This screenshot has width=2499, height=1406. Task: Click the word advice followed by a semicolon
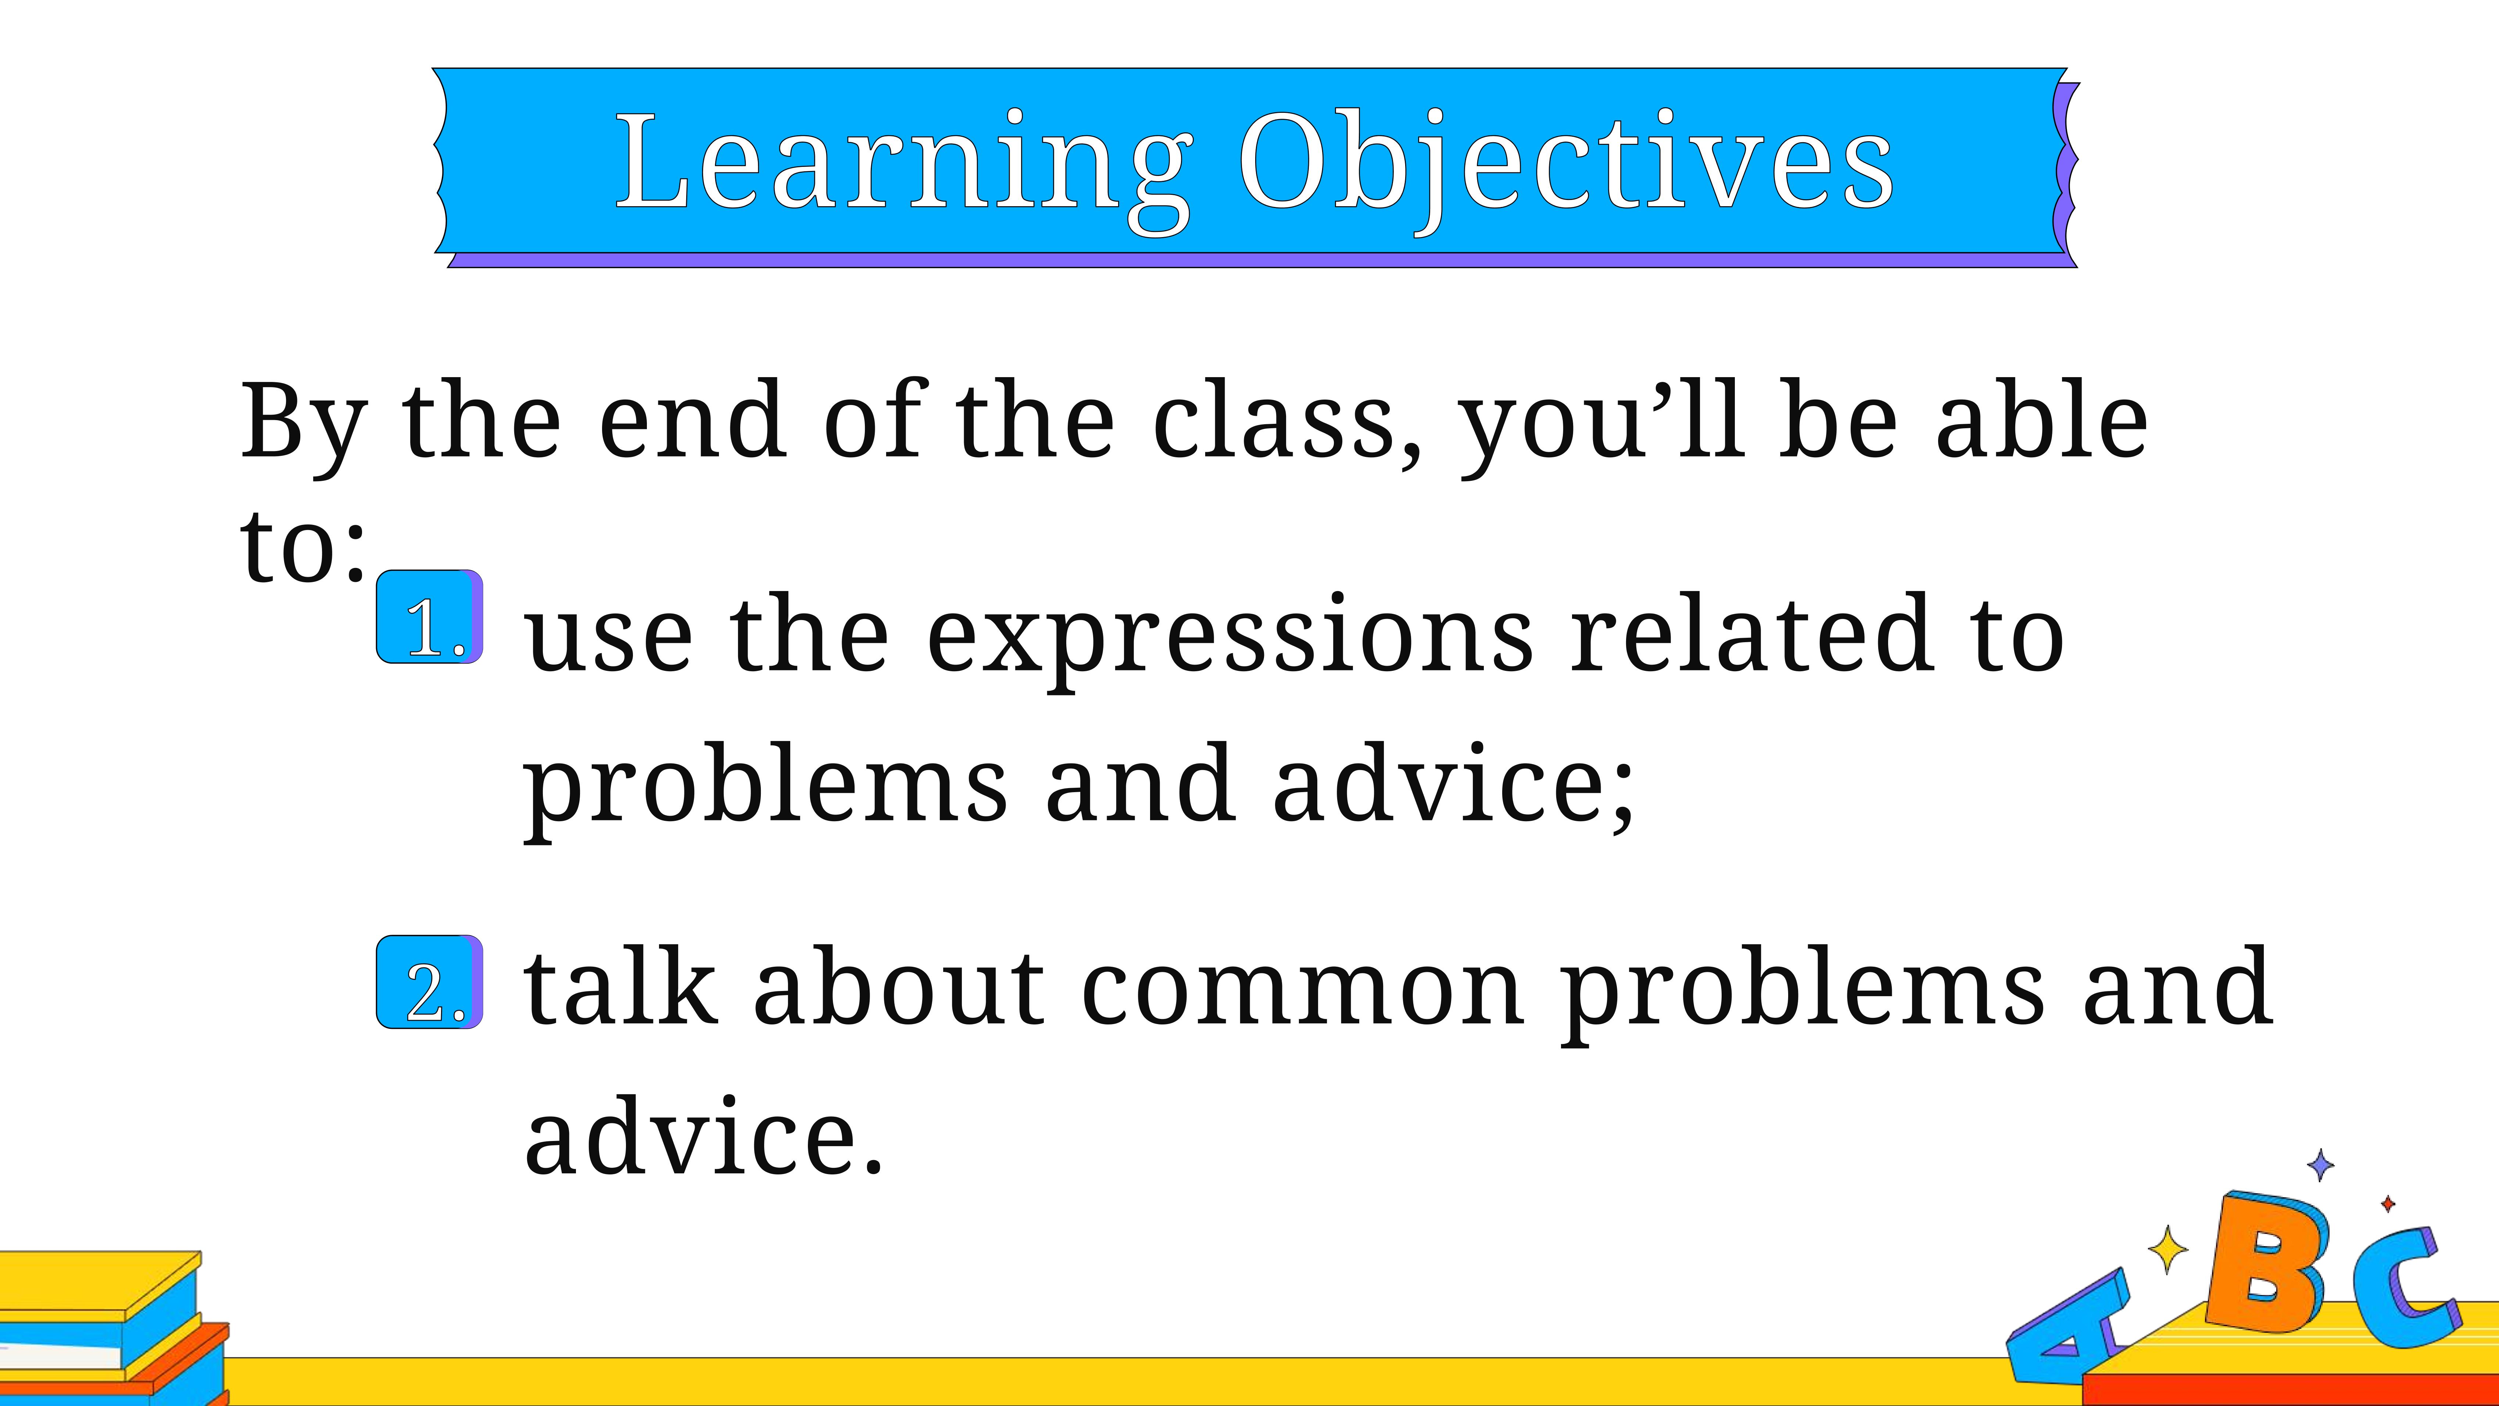pos(1453,784)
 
